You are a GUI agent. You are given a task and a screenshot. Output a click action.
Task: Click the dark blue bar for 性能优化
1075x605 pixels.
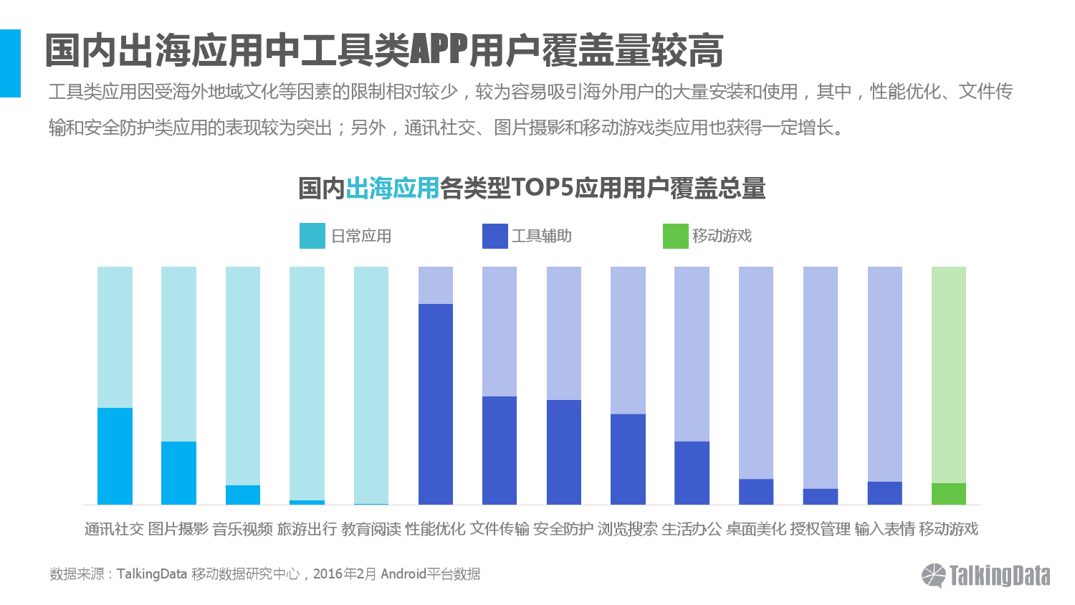click(x=436, y=404)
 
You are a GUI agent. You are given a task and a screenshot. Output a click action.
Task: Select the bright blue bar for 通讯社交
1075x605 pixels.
click(x=115, y=456)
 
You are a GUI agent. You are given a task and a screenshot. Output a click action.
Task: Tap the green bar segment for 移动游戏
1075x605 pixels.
click(x=949, y=494)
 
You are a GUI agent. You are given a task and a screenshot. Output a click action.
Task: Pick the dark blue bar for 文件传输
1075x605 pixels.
click(x=500, y=450)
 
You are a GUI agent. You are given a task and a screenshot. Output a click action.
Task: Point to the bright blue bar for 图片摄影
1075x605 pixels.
click(x=178, y=472)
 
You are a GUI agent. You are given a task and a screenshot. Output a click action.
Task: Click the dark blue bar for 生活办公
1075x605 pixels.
click(x=692, y=472)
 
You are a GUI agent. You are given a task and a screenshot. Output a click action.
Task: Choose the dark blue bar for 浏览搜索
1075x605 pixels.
click(x=628, y=459)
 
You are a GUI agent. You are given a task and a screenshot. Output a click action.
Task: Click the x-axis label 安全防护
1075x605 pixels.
click(x=563, y=529)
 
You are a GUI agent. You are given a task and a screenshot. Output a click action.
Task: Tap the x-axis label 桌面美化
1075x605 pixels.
click(x=756, y=529)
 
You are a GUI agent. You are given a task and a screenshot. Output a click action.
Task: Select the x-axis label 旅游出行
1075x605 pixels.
click(x=307, y=529)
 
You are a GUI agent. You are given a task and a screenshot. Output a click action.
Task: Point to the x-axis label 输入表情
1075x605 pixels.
click(x=884, y=529)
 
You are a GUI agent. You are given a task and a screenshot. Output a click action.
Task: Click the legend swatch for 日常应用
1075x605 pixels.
click(x=312, y=236)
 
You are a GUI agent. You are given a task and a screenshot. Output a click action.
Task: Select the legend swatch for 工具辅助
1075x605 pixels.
click(x=495, y=236)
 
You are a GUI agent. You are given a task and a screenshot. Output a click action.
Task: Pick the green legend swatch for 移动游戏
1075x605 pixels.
click(x=675, y=236)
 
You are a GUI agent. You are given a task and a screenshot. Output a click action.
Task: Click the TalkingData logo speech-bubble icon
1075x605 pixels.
click(x=934, y=575)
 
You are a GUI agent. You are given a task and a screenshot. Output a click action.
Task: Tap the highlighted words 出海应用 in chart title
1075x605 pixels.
click(x=392, y=189)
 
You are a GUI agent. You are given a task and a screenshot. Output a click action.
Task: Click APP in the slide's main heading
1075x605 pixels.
click(x=439, y=50)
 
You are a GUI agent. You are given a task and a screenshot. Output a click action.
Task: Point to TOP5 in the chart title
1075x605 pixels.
click(x=542, y=189)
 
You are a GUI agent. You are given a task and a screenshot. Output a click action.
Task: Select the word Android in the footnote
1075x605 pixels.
click(x=403, y=574)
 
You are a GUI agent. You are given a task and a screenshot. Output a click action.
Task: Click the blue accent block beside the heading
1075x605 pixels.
click(x=10, y=63)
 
